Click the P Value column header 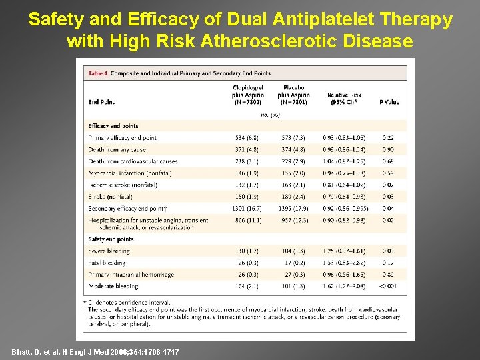(389, 102)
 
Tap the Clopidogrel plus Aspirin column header (248, 95)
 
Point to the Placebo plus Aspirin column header (294, 95)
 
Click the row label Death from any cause (117, 150)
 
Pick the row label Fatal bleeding (107, 263)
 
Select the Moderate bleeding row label (113, 286)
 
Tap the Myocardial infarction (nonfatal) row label (129, 173)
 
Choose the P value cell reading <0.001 (389, 286)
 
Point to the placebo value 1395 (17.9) (294, 209)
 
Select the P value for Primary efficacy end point (389, 138)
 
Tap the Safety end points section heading (111, 239)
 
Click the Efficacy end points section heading (113, 126)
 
